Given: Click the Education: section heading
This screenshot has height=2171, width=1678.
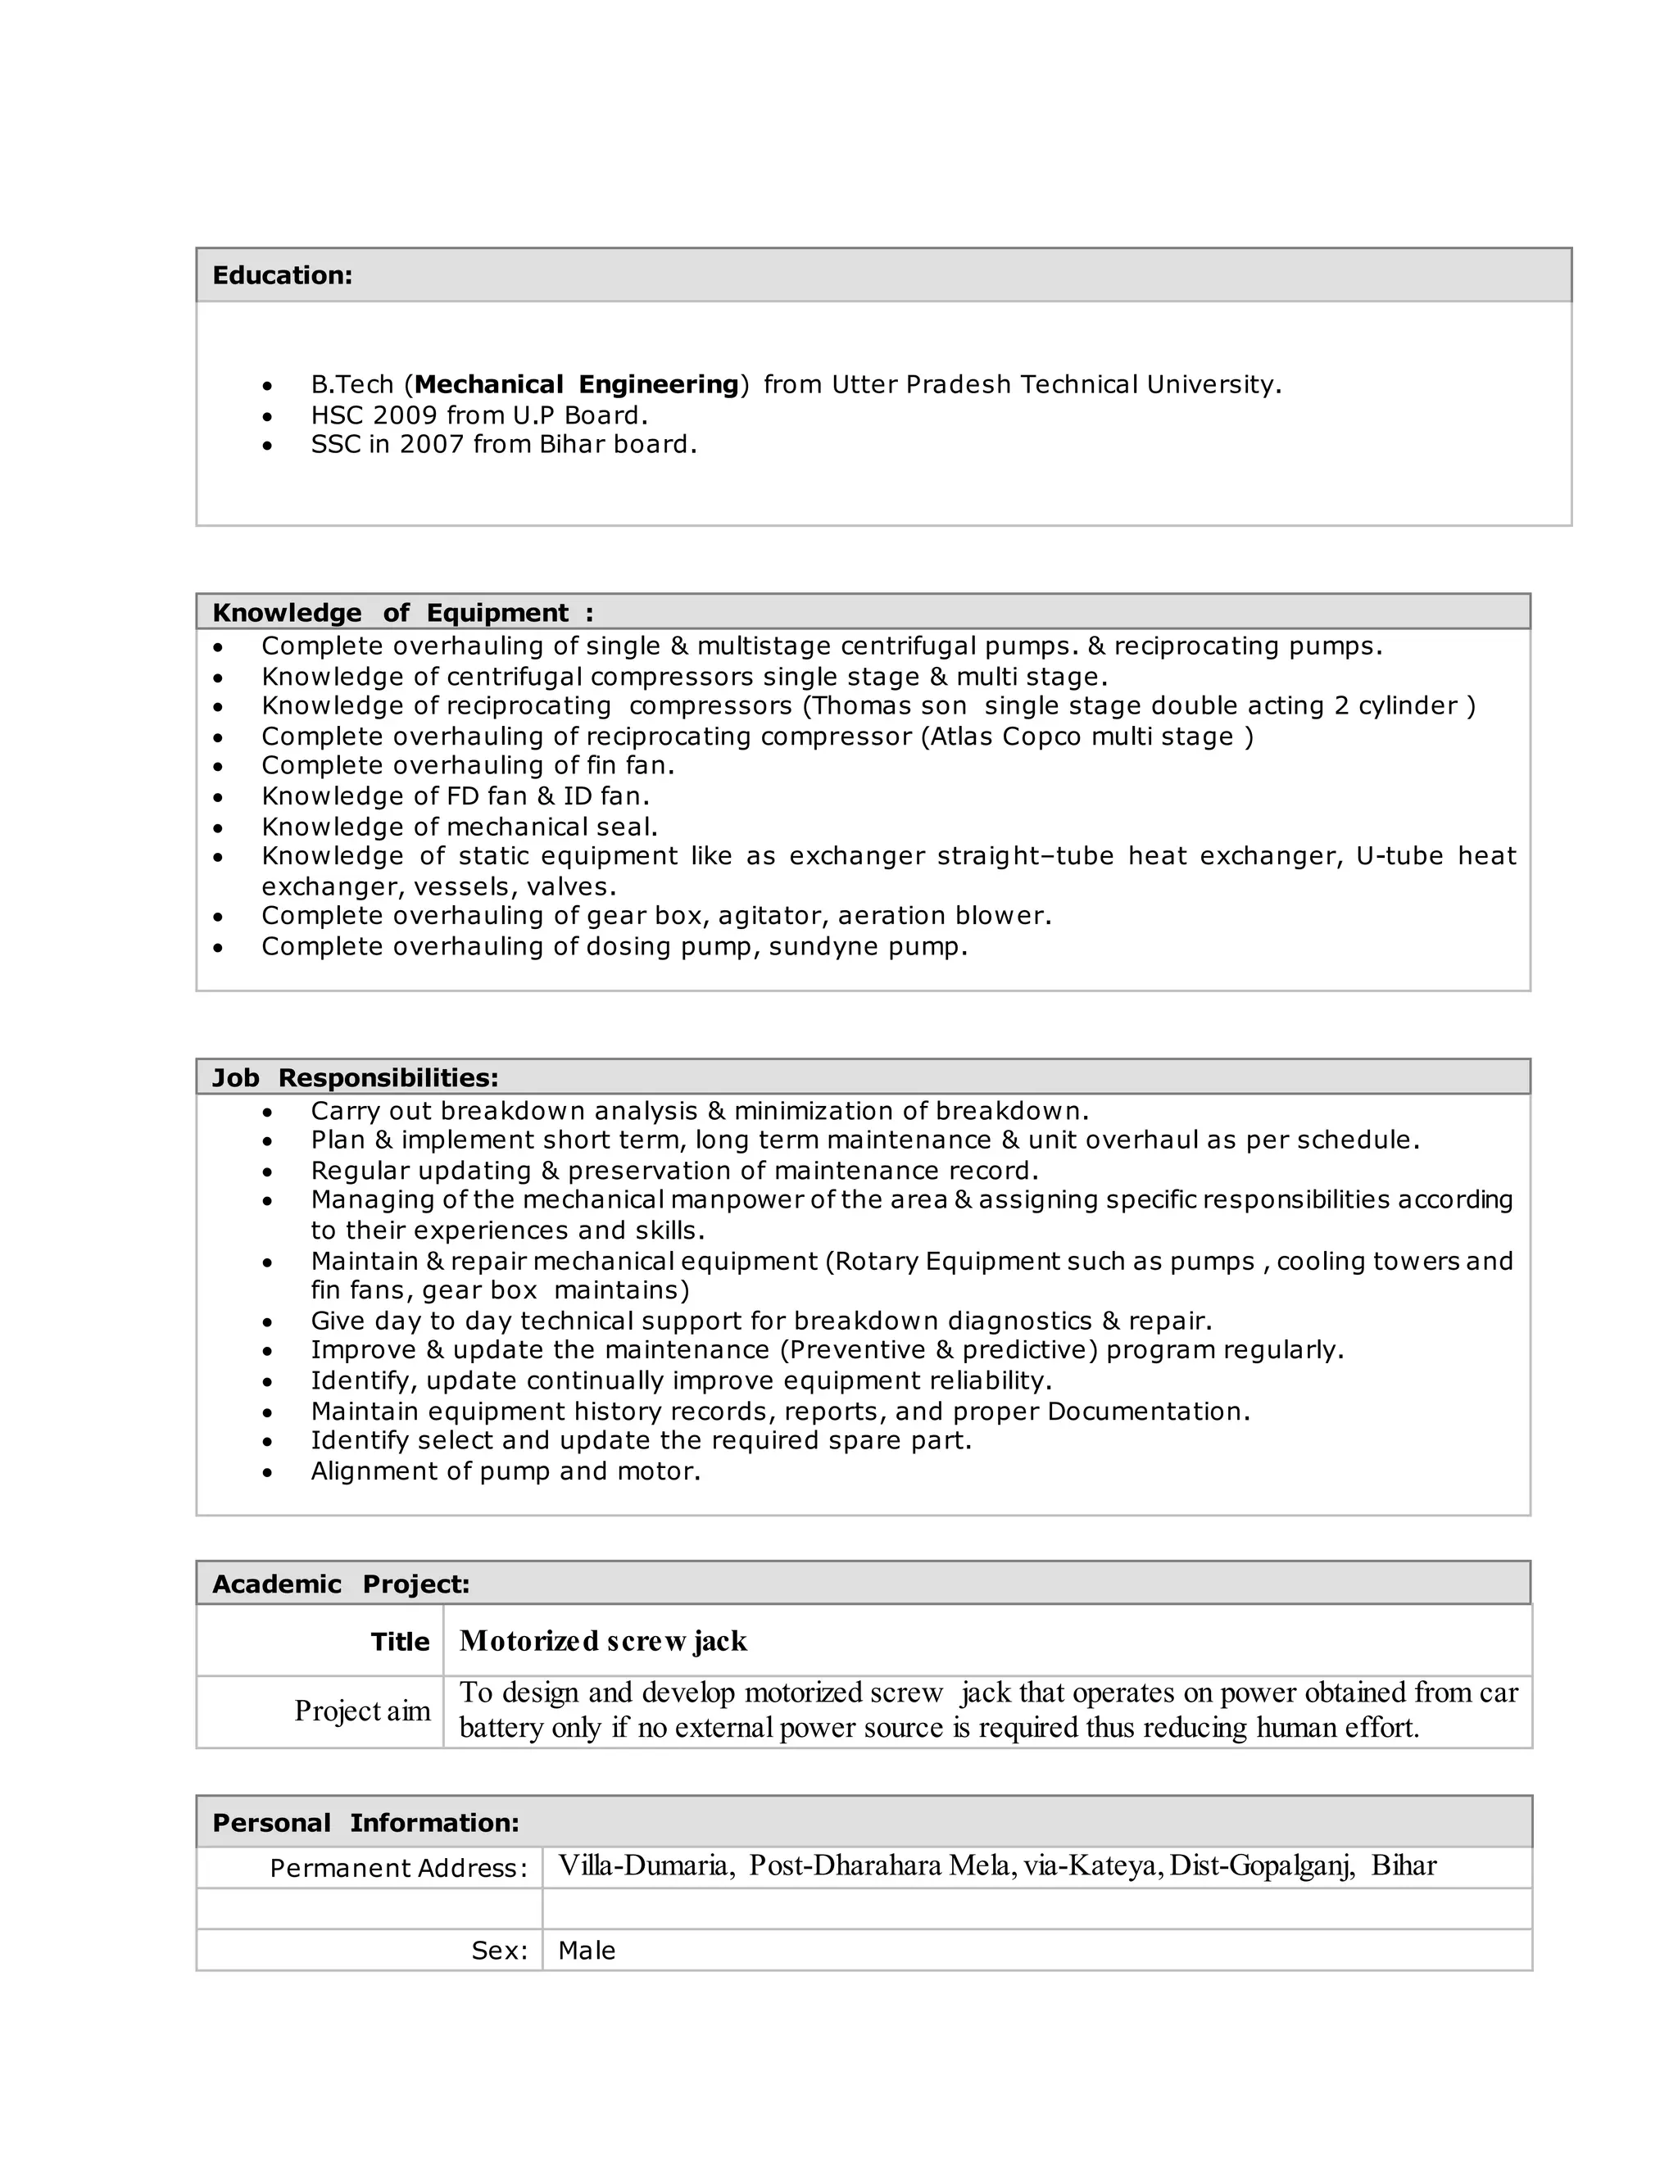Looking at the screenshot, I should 283,275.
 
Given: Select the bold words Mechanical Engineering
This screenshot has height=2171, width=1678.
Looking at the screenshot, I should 577,385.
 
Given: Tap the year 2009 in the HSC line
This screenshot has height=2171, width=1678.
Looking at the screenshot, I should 405,415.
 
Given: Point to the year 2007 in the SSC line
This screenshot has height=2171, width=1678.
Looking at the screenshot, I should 432,444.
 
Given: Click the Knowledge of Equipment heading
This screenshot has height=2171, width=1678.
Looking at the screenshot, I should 401,612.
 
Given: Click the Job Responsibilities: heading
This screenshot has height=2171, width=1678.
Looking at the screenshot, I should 355,1077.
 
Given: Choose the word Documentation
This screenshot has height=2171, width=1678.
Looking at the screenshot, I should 1147,1412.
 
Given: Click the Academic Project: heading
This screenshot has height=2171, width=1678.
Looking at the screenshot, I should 340,1584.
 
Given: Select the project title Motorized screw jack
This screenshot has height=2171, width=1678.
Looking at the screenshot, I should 602,1641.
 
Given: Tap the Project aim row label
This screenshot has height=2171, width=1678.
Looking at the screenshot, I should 362,1711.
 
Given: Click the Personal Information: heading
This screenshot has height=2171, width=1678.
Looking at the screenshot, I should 365,1822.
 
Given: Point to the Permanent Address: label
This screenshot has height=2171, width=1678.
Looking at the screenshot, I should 397,1868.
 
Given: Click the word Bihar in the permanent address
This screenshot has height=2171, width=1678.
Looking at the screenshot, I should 1404,1865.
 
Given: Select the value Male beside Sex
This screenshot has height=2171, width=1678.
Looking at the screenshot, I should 587,1951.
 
